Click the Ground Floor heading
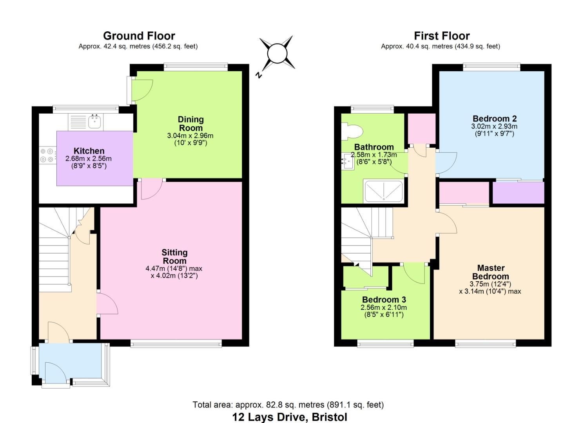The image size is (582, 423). (x=139, y=36)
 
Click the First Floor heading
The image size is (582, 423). (x=442, y=36)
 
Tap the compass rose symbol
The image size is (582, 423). (x=277, y=54)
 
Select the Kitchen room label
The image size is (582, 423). (x=89, y=151)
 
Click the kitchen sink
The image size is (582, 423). (x=94, y=121)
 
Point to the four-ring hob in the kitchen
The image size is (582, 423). (x=47, y=155)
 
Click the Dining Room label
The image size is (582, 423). (x=190, y=123)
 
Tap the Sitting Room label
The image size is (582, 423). (x=174, y=257)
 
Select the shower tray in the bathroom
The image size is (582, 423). (x=383, y=192)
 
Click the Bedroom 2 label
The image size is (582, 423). (x=494, y=119)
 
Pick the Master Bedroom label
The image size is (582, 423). (x=490, y=272)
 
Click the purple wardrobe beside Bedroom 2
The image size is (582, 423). (x=518, y=193)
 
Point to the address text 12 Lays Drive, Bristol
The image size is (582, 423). (x=290, y=417)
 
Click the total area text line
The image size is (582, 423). (x=288, y=405)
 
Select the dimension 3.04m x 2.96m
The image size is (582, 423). (x=190, y=136)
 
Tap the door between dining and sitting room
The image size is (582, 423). (x=151, y=189)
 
